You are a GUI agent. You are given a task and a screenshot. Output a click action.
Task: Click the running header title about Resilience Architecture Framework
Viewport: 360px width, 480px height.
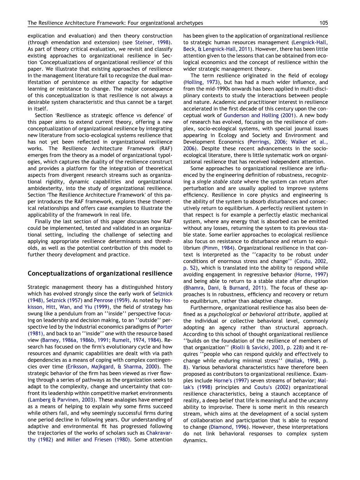pos(115,23)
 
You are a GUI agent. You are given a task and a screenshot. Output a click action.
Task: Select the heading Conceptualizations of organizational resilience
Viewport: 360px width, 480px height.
pos(100,273)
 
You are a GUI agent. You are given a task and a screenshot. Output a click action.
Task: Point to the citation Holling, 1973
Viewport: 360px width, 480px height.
pos(200,82)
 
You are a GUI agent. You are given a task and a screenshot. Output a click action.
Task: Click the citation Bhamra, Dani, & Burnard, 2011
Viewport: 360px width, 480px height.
pos(225,287)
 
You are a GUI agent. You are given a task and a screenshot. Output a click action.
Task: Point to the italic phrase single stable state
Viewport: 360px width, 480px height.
pos(219,182)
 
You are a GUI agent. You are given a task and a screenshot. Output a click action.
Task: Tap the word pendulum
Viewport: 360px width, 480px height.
pos(66,314)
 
